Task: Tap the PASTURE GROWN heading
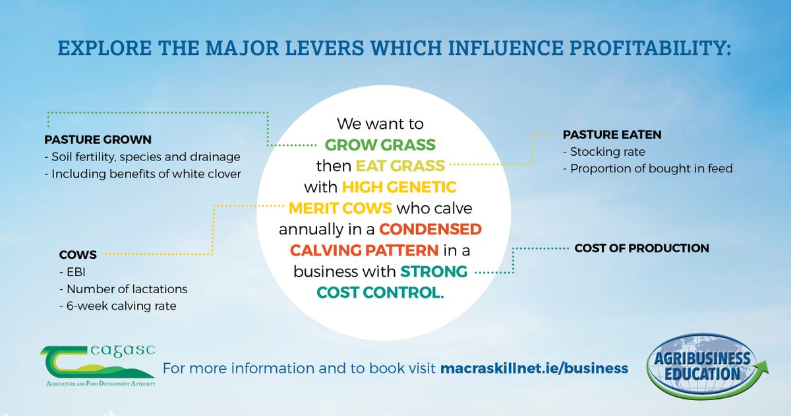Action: tap(98, 140)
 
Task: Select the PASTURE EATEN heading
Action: tap(612, 135)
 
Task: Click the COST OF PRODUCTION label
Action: tap(641, 248)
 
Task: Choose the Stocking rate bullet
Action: tap(604, 152)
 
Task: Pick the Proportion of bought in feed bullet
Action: tap(647, 168)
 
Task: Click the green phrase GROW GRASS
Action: tap(380, 144)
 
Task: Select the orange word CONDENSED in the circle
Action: tap(430, 229)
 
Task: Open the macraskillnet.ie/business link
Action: tap(534, 368)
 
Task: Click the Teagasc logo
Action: tap(97, 364)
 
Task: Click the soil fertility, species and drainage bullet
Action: tap(142, 157)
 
